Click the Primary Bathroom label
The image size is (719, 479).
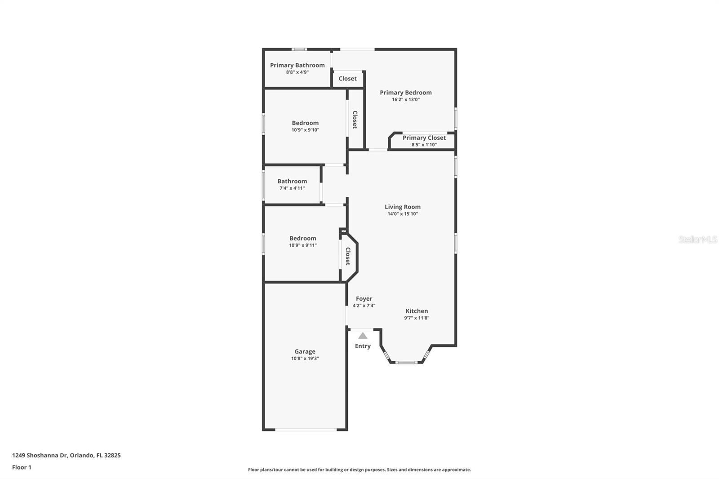297,65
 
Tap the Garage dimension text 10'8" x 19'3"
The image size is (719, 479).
305,359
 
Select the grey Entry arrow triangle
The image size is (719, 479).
363,336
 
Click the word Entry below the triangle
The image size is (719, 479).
363,346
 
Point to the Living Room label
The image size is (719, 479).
402,207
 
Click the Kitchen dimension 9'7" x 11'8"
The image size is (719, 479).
417,318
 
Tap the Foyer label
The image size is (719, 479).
364,299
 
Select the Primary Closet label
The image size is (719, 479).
424,138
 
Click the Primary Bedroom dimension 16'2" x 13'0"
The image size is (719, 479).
405,100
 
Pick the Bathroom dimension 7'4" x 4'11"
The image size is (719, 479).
292,188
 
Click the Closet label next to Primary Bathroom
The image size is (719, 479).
347,79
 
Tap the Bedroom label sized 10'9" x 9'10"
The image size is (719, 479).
305,123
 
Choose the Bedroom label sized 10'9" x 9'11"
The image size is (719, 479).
302,239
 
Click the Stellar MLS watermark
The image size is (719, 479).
697,239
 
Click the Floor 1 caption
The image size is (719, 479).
22,467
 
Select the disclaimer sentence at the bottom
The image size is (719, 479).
359,470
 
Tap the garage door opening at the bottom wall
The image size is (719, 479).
306,430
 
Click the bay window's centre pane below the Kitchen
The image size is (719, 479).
406,362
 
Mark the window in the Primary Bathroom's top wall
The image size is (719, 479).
299,49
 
